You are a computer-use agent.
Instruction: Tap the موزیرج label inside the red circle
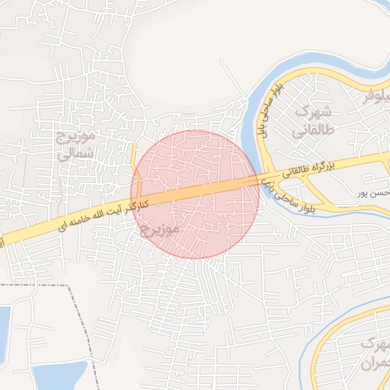pyautogui.click(x=160, y=228)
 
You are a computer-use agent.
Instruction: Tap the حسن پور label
pyautogui.click(x=373, y=193)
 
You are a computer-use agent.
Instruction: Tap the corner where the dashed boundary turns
pyautogui.click(x=68, y=286)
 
